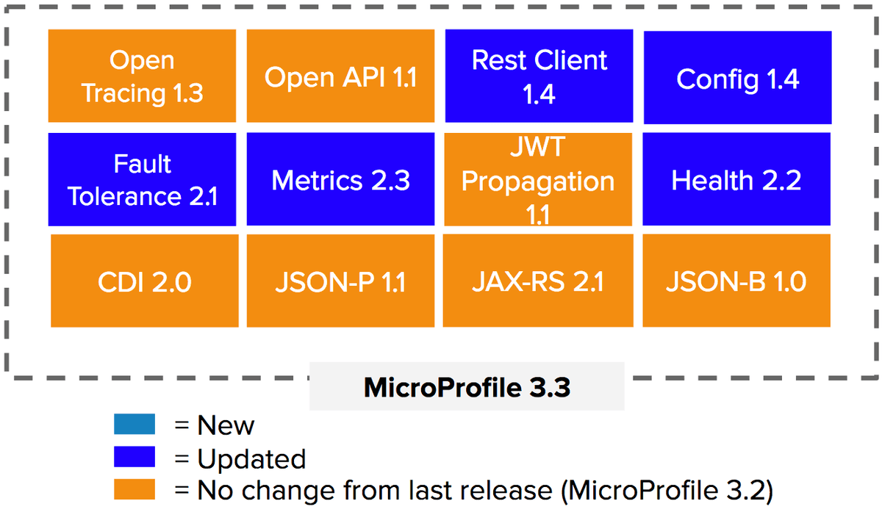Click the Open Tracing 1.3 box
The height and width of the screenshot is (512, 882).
[x=142, y=76]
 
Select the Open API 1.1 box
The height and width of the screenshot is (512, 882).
[x=340, y=76]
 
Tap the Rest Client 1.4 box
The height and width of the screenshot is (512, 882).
[x=539, y=76]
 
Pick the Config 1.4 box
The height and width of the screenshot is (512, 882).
[x=737, y=78]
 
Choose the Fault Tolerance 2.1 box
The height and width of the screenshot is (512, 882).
[x=142, y=179]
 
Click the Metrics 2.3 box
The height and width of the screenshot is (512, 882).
[x=340, y=179]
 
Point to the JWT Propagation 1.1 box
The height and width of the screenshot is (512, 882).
[x=538, y=179]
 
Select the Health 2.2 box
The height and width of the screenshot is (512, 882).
[x=736, y=179]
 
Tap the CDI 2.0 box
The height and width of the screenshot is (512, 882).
[x=145, y=281]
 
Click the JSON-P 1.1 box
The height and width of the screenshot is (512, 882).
[x=340, y=281]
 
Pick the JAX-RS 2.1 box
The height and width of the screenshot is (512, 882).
[x=538, y=281]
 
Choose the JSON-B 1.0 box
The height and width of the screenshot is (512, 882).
[x=736, y=281]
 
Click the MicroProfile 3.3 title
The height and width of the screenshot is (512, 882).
[x=467, y=388]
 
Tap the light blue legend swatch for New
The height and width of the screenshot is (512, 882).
[x=135, y=424]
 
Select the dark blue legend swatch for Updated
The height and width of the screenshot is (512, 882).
[x=135, y=456]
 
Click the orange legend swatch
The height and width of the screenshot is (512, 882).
[x=135, y=489]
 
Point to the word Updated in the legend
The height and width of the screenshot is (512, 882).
[x=251, y=460]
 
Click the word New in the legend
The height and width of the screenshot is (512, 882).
[x=226, y=425]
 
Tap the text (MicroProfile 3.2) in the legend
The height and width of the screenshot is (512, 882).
[x=667, y=491]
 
